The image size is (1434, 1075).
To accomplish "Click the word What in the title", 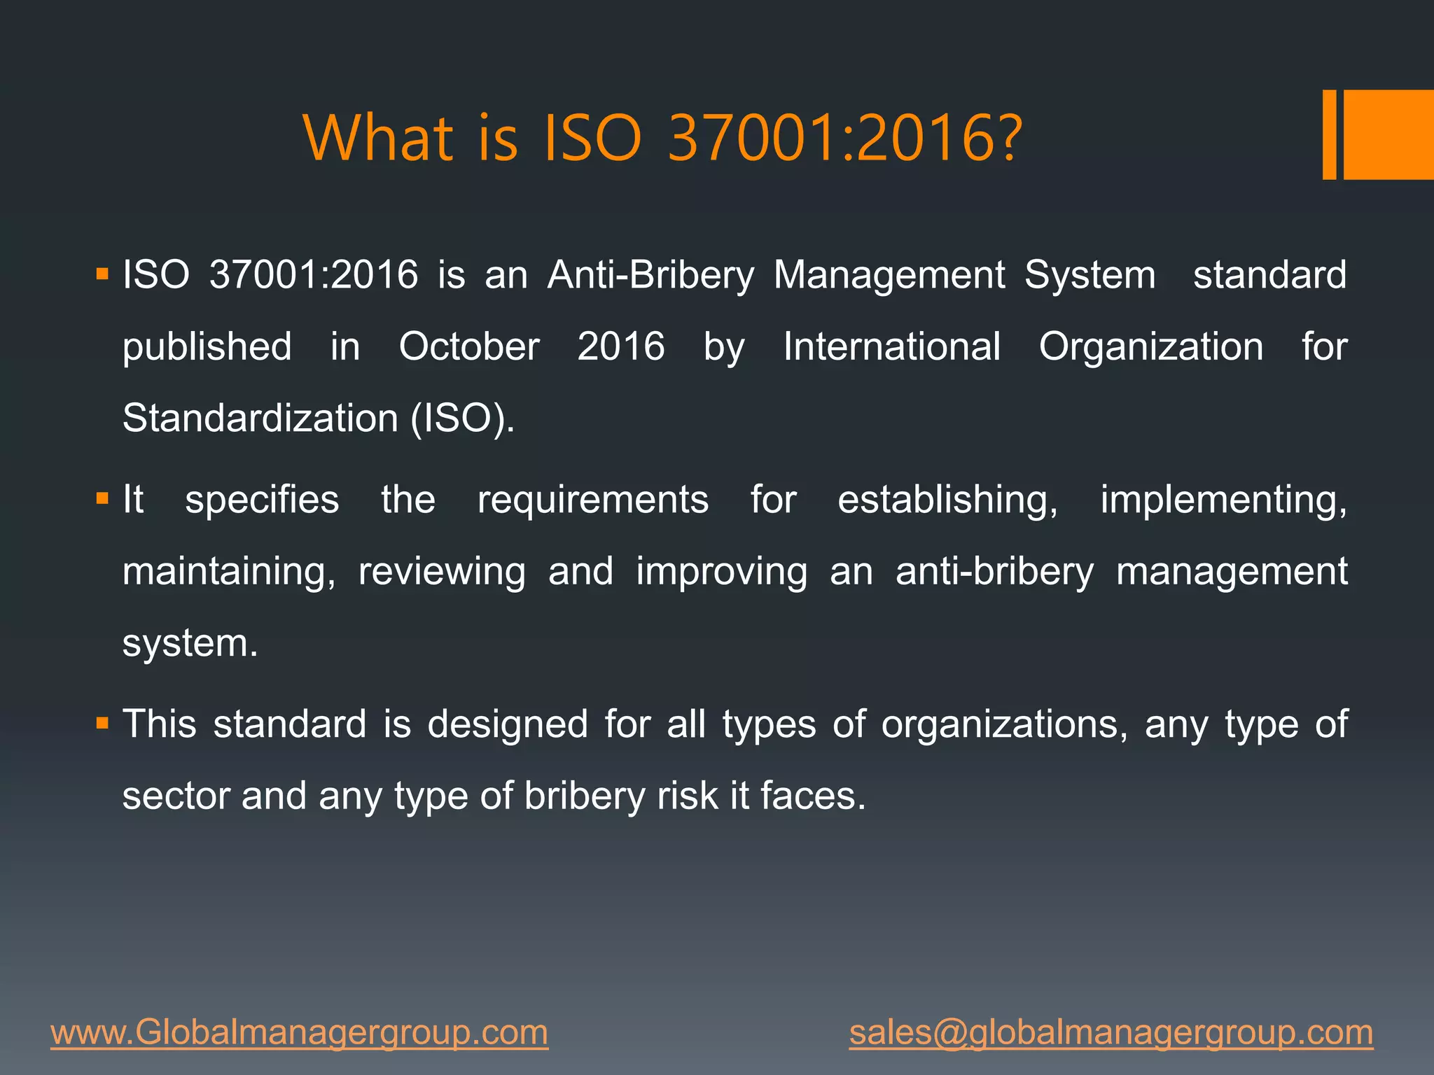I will (x=378, y=138).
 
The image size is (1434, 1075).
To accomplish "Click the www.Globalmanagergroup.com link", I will (x=299, y=1033).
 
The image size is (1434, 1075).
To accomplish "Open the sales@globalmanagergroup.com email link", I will (x=1111, y=1033).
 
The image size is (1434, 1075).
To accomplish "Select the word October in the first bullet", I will (x=469, y=346).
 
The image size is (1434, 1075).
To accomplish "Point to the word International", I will (x=891, y=346).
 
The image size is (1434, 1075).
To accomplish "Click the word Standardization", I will (x=260, y=419).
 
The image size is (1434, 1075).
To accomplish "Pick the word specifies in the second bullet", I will (x=262, y=500).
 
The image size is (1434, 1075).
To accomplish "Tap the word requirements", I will (x=592, y=500).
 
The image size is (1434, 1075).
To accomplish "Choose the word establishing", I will (x=947, y=500).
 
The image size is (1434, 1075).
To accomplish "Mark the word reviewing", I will (x=442, y=571).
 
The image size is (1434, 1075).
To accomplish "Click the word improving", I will (x=721, y=571).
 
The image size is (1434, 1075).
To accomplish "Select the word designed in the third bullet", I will (x=508, y=724).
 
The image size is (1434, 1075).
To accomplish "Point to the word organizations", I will (x=1004, y=724).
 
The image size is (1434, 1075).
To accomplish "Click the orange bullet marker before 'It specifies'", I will (x=103, y=499).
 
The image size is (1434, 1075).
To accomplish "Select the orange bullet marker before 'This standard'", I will (x=103, y=723).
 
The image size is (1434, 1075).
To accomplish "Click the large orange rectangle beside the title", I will (x=1388, y=134).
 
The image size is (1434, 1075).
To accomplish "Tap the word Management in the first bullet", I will (x=889, y=274).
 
